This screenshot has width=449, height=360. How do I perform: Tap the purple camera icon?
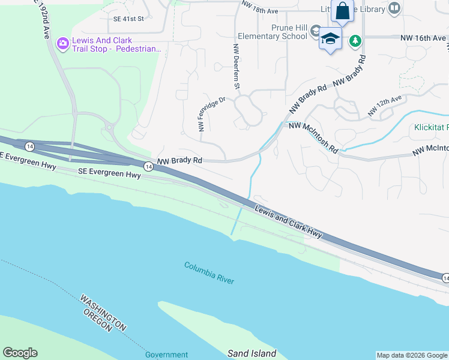pos(62,43)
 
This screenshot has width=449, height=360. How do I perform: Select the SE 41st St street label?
pos(128,19)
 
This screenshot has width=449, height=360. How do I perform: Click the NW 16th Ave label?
pos(423,38)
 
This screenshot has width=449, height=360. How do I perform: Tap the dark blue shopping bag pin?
pos(342,11)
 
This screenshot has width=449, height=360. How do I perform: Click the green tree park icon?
pos(356,40)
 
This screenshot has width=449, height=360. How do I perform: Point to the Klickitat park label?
pos(431,127)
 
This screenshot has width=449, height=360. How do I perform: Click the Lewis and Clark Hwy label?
pos(288,221)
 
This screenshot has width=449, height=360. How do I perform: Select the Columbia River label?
pos(209,272)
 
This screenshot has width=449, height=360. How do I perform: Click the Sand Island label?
pos(252,353)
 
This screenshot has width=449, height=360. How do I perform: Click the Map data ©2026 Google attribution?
pos(412,355)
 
